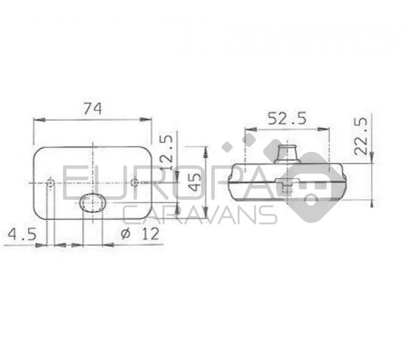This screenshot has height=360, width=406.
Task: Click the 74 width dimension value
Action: coord(92,109)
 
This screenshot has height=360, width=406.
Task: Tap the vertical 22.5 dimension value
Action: coord(361,136)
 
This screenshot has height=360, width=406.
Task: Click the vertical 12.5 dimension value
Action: coord(167,152)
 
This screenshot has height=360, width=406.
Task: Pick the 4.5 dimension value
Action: coord(22,234)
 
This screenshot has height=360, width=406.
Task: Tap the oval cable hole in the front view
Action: coord(93,203)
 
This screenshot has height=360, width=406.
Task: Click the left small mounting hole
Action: coord(51,183)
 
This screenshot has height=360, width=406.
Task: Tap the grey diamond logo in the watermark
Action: coord(311,187)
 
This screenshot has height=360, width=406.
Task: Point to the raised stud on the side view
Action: coord(287,153)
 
